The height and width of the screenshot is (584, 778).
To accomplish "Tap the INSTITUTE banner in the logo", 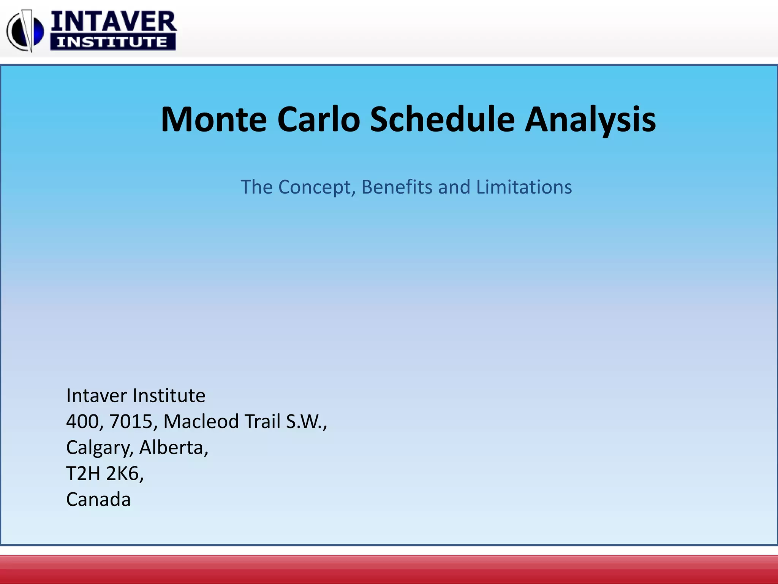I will tap(112, 42).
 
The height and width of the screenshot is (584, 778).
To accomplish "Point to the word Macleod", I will tap(201, 422).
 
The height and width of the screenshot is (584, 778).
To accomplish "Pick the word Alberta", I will tap(173, 448).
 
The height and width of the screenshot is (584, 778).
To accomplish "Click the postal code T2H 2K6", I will tap(104, 474).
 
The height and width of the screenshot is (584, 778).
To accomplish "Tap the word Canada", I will tap(98, 500).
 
